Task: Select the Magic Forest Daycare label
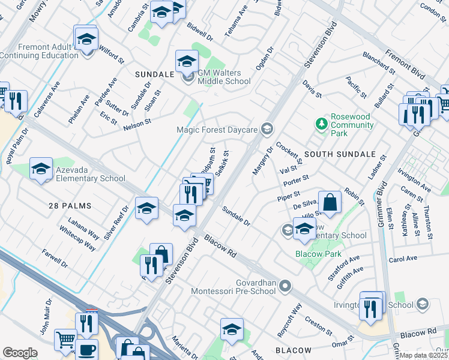[217, 130]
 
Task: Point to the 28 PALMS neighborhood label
[70, 206]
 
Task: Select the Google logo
[20, 352]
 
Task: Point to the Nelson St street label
[136, 125]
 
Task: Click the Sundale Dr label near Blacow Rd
[236, 215]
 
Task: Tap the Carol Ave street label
[403, 260]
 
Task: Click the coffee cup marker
[87, 350]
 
